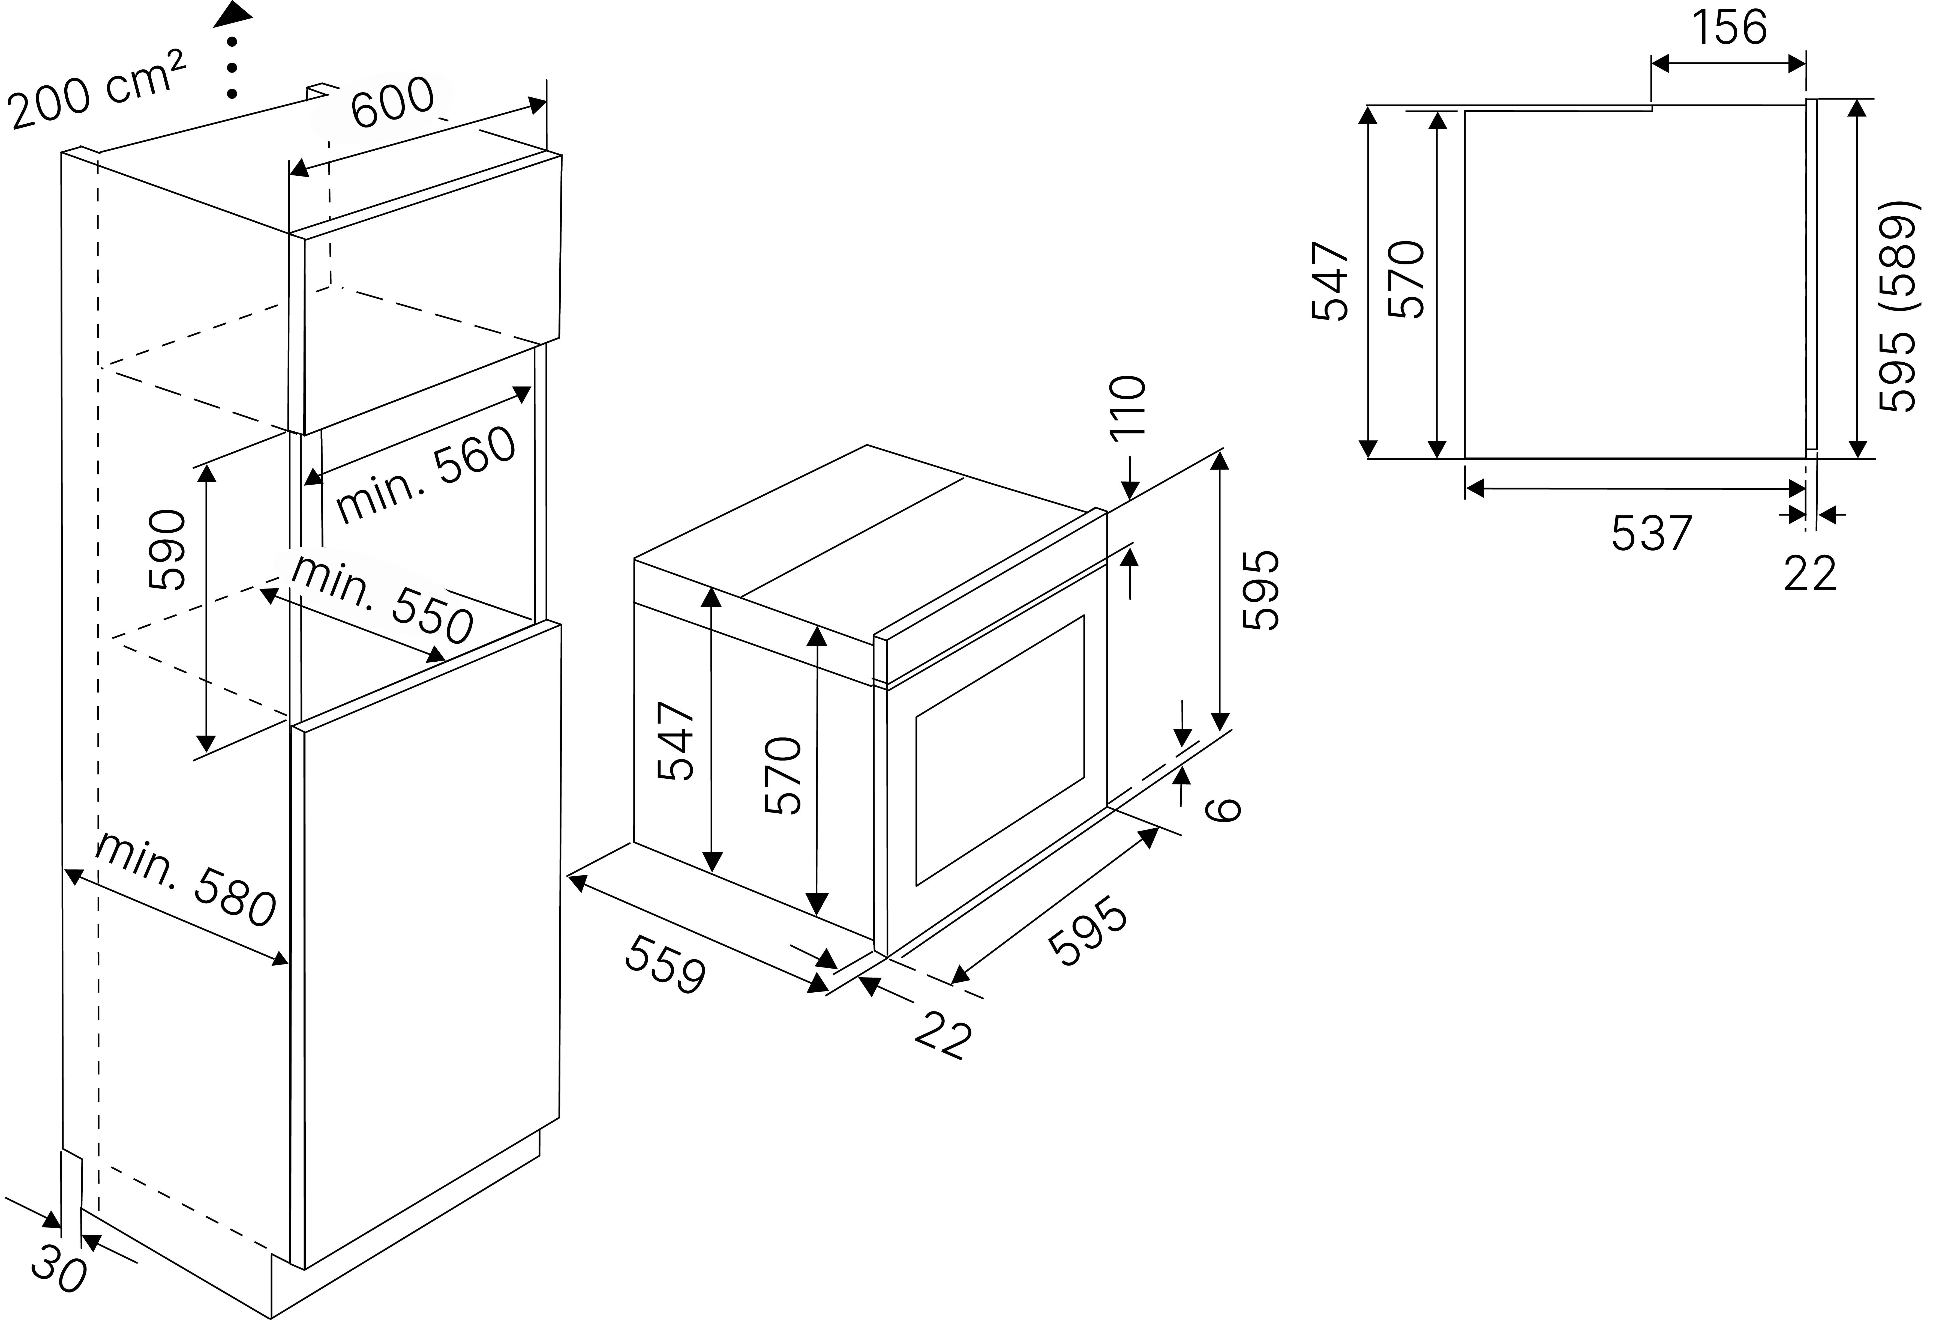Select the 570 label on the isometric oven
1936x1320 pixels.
point(783,775)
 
